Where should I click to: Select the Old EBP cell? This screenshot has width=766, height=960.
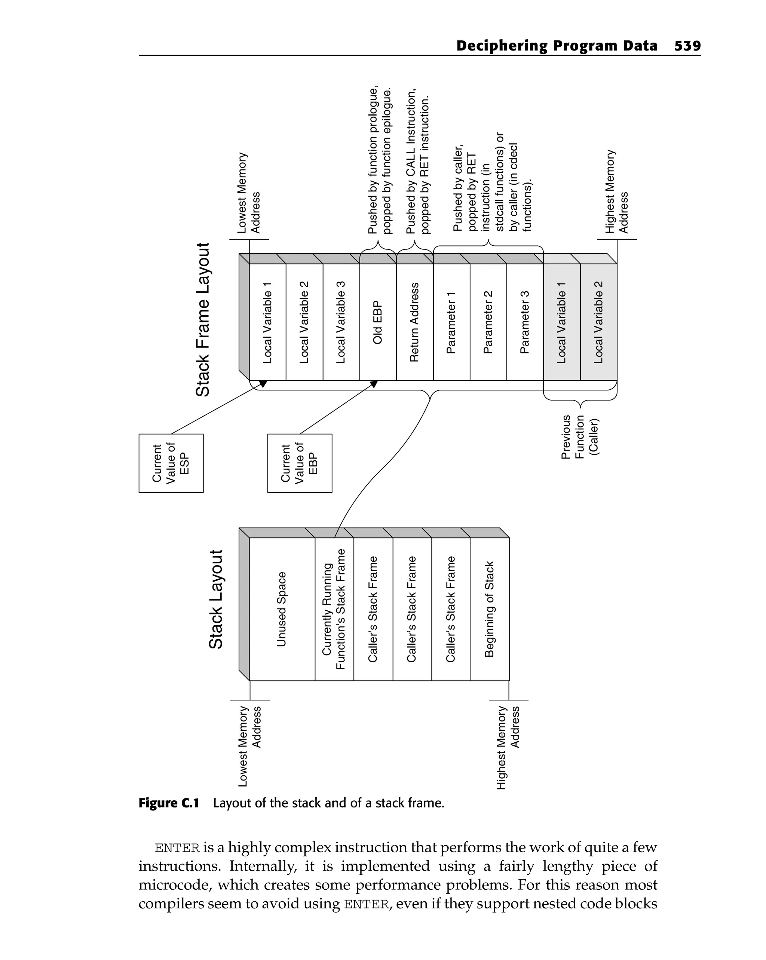coord(378,322)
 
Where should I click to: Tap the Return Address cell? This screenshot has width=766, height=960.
coord(415,322)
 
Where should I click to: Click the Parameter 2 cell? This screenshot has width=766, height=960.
coord(488,322)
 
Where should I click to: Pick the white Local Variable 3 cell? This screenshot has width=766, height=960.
coord(341,322)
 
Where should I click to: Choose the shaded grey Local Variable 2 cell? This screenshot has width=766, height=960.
coord(598,322)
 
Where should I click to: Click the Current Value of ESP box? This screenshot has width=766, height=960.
coord(171,463)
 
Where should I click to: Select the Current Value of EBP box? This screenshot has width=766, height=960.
coord(300,463)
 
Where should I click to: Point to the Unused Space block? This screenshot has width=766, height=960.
coord(282,609)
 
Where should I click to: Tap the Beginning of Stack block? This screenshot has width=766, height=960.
coord(490,609)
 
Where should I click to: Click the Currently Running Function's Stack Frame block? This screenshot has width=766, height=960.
coord(334,609)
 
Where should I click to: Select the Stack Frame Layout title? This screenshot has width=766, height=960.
coord(203,319)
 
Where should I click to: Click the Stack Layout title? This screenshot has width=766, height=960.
coord(216,599)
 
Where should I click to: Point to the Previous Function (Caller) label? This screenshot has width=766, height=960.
coord(580,436)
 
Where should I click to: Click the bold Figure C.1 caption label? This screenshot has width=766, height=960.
coord(168,803)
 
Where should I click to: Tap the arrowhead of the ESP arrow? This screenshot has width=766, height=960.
coord(264,383)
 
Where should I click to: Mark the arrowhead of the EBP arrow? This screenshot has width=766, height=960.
coord(374,383)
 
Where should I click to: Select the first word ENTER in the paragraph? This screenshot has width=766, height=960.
coord(177,848)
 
